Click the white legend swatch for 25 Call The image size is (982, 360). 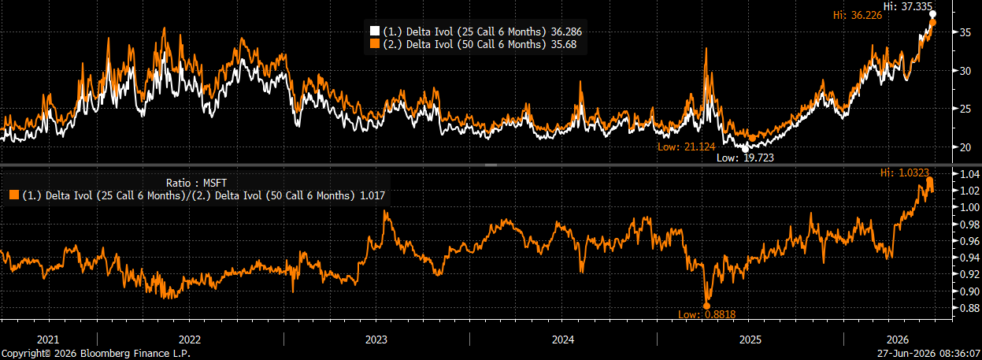(374, 32)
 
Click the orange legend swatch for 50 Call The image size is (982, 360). (374, 44)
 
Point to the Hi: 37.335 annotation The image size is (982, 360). (907, 6)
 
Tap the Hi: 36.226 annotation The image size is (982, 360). (858, 15)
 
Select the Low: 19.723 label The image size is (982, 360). (745, 158)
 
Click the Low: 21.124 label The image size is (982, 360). (687, 147)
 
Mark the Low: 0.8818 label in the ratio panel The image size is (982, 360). (706, 314)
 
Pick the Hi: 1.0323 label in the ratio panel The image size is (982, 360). (904, 173)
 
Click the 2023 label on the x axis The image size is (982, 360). (376, 340)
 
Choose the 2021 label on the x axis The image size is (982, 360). (48, 340)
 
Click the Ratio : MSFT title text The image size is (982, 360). (196, 183)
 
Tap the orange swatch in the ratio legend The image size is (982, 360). (14, 195)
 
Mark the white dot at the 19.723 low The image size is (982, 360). (745, 149)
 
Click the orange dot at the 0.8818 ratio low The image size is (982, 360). (706, 306)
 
